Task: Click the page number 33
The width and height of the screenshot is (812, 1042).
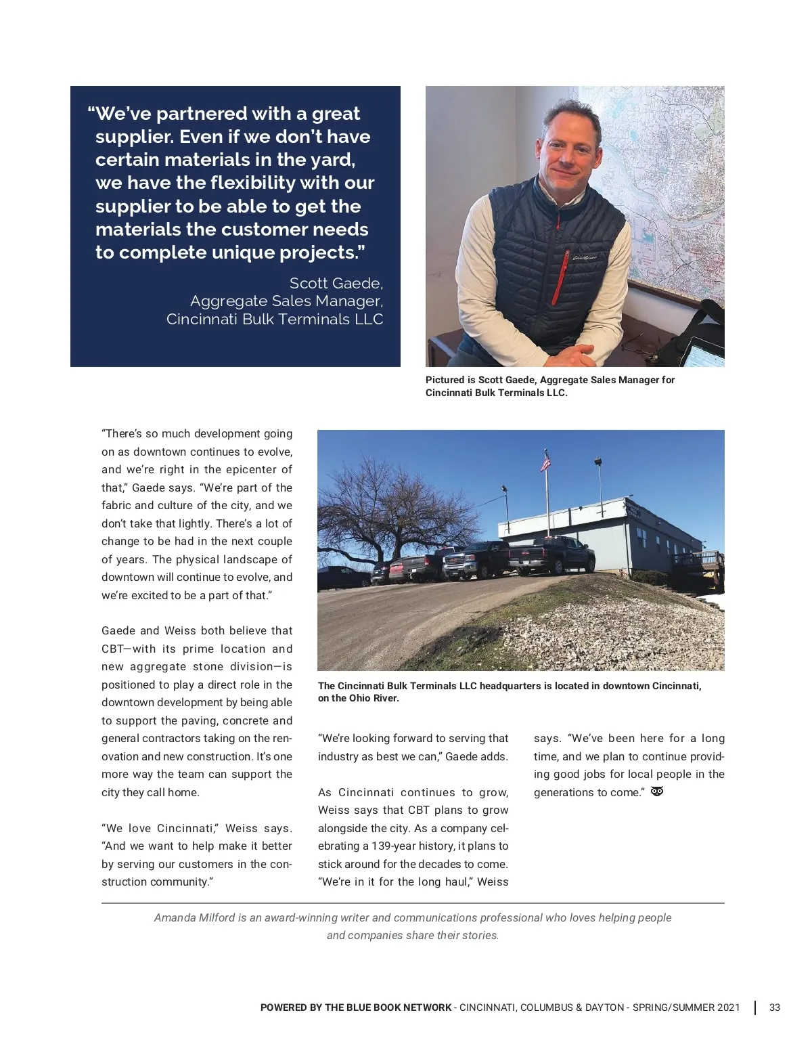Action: pyautogui.click(x=775, y=1007)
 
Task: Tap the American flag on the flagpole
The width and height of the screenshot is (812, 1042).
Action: pyautogui.click(x=545, y=462)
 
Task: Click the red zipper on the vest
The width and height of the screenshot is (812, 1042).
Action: pyautogui.click(x=557, y=264)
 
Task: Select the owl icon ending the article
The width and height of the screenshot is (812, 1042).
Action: pyautogui.click(x=656, y=791)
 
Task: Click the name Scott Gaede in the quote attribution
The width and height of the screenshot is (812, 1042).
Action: pyautogui.click(x=336, y=283)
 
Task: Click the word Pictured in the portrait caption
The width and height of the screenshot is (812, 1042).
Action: pyautogui.click(x=445, y=380)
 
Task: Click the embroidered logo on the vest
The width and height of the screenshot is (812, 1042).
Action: pyautogui.click(x=583, y=257)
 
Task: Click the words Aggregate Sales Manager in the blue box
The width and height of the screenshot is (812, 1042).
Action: pyautogui.click(x=286, y=301)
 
